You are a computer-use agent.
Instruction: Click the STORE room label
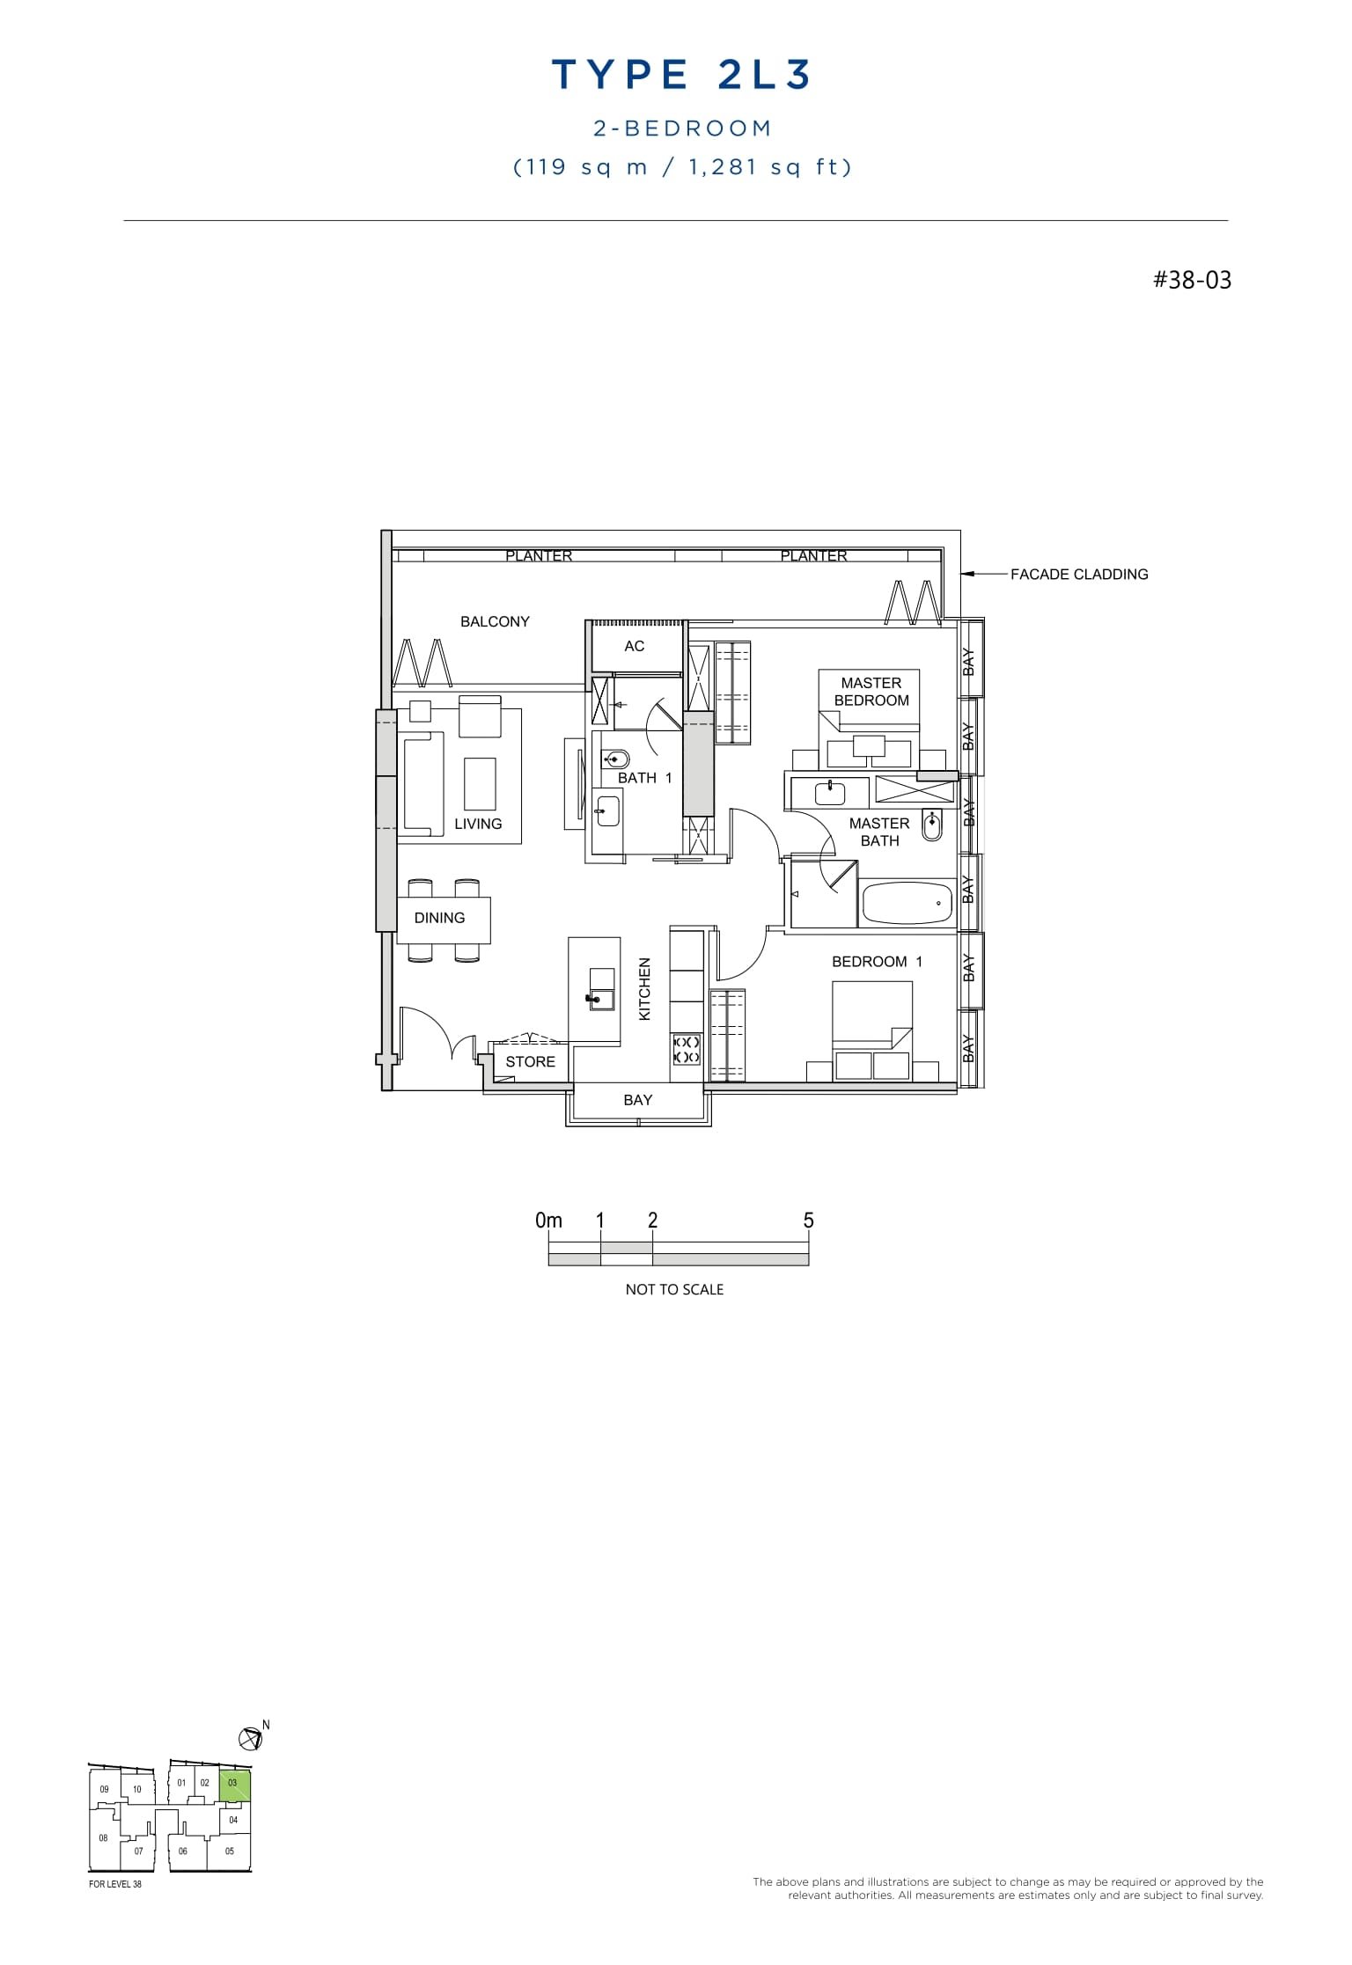tap(530, 1061)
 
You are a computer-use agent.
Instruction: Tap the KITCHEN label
tap(644, 989)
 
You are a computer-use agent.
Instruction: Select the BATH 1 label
tap(644, 778)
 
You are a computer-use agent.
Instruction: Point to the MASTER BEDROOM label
tap(871, 692)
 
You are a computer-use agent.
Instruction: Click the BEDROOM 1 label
tap(877, 962)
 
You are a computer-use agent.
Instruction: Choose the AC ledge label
tap(634, 646)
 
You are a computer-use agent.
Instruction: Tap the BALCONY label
tap(495, 621)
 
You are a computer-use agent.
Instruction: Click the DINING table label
tap(439, 918)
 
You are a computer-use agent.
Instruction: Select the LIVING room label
tap(478, 824)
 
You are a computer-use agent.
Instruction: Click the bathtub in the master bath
tap(907, 903)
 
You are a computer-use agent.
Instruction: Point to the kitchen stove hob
tap(687, 1049)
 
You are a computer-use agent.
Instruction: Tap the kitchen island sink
tap(601, 997)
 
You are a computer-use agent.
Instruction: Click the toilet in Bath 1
tap(616, 759)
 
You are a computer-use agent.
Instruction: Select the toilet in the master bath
tap(931, 825)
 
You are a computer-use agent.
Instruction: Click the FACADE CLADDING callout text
tap(1078, 575)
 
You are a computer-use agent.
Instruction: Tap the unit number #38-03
tap(1192, 281)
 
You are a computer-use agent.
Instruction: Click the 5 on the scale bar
tap(808, 1221)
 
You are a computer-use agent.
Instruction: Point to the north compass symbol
tap(251, 1738)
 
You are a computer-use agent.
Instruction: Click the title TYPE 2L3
tap(680, 76)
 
